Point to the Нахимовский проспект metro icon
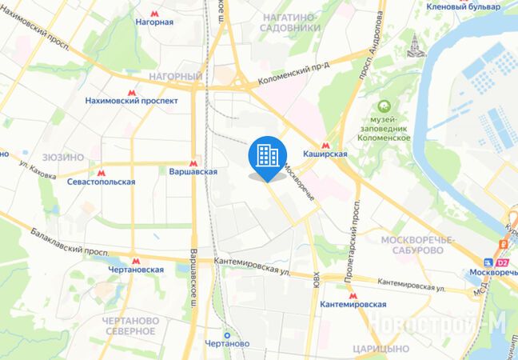133,91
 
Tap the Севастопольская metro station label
101,182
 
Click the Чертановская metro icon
136,260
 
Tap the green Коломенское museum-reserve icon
385,106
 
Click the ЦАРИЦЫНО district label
385,349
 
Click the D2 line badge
502,262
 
